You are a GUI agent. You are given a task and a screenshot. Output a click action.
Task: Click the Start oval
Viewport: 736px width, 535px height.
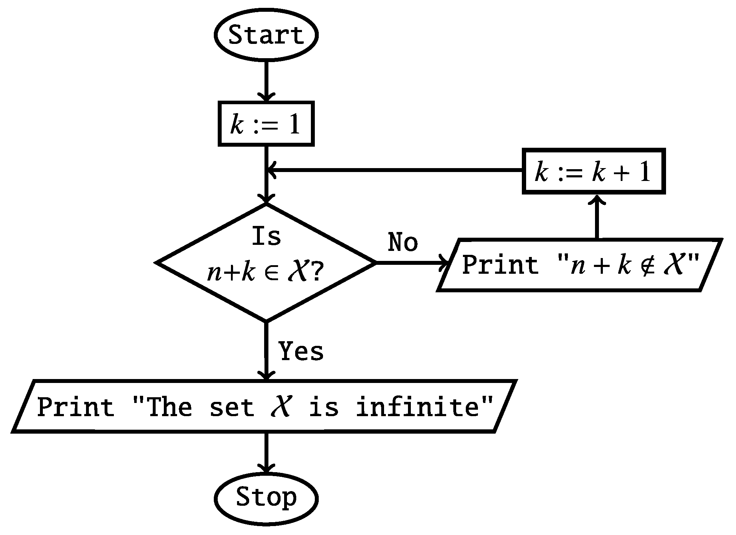pyautogui.click(x=266, y=35)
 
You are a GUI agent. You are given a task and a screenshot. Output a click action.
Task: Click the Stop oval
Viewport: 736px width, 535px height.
pyautogui.click(x=266, y=497)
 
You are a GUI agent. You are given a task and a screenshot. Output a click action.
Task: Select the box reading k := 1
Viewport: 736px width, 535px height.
pyautogui.click(x=266, y=124)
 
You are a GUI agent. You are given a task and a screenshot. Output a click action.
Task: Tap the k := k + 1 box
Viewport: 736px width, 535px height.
pyautogui.click(x=594, y=171)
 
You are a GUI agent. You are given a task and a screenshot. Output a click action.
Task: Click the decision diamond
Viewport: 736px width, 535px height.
pyautogui.click(x=266, y=262)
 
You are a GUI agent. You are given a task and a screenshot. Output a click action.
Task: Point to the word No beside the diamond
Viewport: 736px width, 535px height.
pyautogui.click(x=403, y=242)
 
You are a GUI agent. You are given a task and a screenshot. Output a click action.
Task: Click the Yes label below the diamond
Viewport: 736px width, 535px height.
pyautogui.click(x=301, y=351)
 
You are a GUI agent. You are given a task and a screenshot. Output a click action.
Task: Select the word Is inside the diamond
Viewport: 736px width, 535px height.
pyautogui.click(x=266, y=236)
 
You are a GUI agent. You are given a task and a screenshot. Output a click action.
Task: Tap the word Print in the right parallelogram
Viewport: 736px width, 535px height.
pyautogui.click(x=500, y=265)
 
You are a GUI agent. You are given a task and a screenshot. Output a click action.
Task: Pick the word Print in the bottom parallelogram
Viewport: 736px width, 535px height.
pyautogui.click(x=75, y=407)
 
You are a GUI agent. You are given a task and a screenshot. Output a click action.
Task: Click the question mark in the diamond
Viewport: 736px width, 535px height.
pyautogui.click(x=316, y=273)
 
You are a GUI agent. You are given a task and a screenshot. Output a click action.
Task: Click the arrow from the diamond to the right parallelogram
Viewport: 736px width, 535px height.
pyautogui.click(x=410, y=263)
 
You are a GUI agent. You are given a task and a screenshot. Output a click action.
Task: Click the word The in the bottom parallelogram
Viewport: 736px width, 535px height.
pyautogui.click(x=169, y=407)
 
